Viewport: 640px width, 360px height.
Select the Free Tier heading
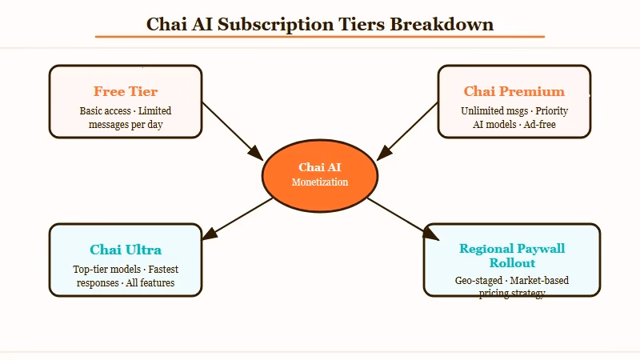126,91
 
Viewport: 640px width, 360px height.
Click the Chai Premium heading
514,91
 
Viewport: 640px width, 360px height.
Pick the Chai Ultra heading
126,250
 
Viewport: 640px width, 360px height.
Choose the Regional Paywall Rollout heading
512,255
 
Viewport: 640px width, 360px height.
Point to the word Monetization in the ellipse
319,182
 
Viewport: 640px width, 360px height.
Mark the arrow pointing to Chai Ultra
237,218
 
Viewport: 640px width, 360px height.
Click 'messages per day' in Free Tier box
126,125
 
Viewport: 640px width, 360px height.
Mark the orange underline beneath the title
319,37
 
